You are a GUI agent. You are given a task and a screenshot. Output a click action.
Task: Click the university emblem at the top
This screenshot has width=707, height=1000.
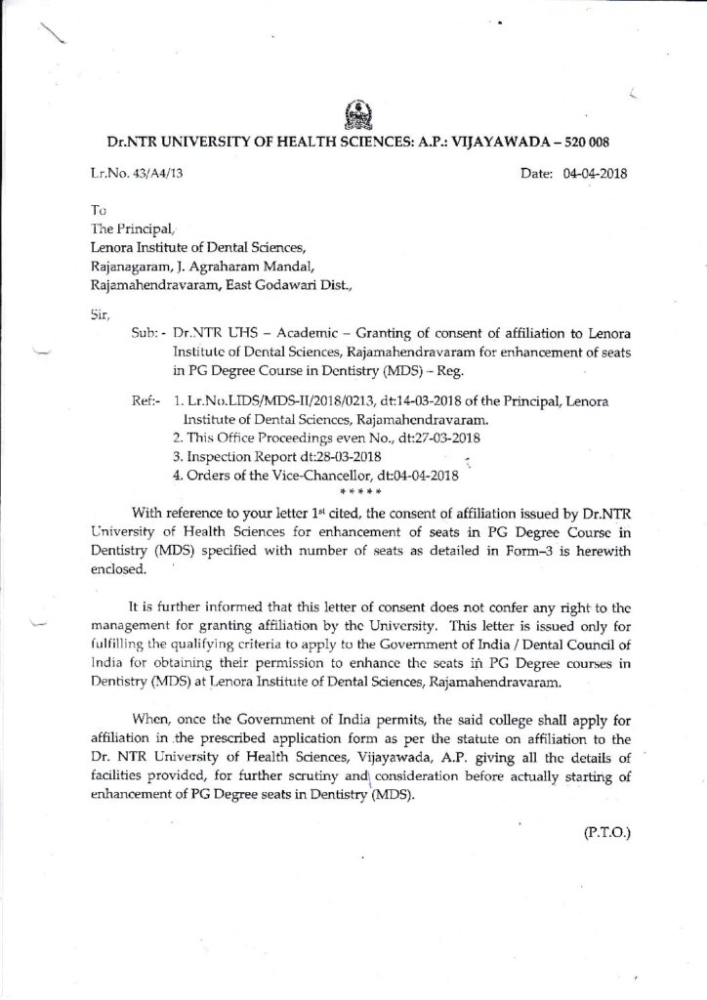click(x=354, y=115)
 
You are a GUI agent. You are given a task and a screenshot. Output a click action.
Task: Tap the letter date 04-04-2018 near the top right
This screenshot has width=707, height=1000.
click(x=591, y=175)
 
